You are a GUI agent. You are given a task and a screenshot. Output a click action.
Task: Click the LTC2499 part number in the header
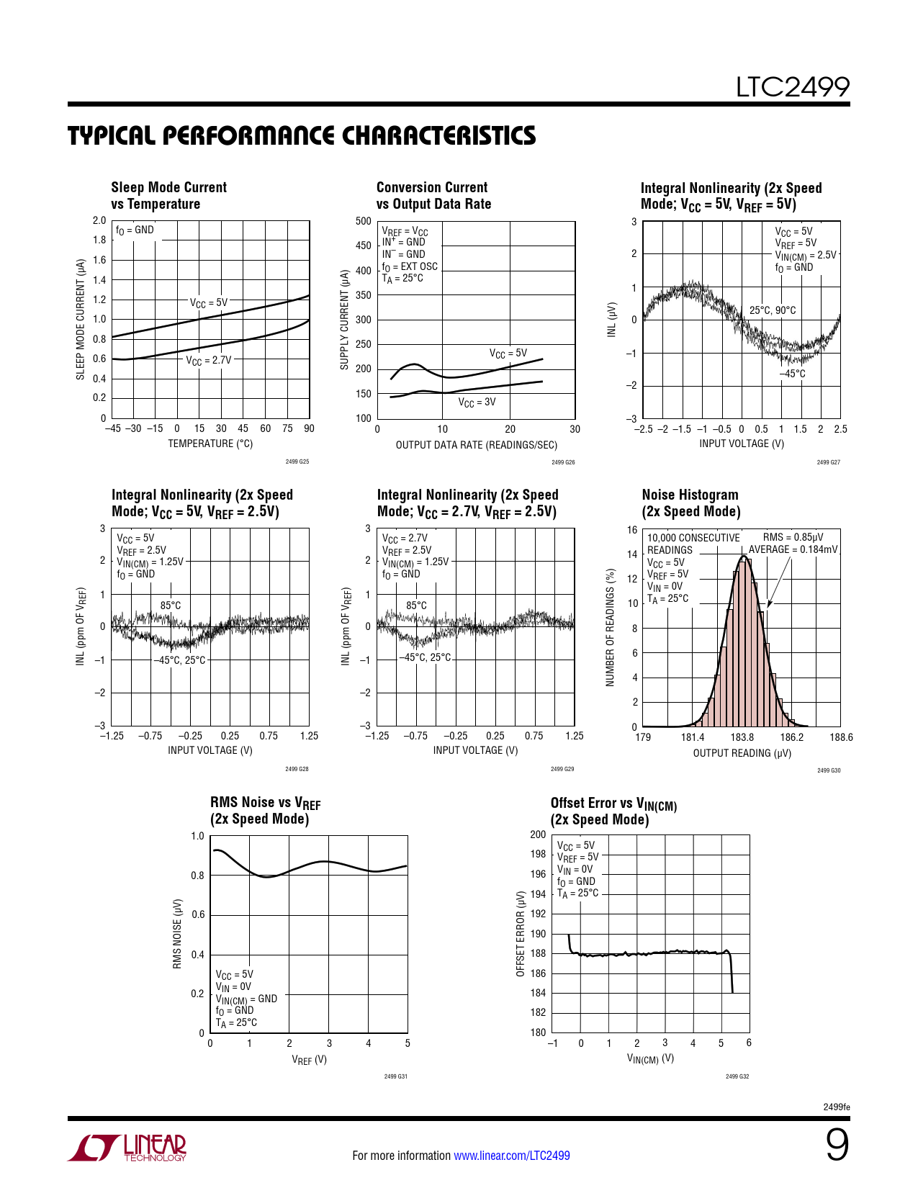coord(792,87)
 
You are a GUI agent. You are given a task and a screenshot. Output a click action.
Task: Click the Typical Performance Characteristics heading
coord(302,135)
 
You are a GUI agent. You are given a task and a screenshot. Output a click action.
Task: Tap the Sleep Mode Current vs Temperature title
coord(168,195)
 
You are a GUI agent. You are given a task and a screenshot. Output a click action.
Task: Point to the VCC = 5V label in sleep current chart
coord(209,303)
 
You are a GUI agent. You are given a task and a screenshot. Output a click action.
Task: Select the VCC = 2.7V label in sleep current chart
coord(209,360)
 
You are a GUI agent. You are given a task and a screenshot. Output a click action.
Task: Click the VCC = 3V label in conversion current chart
coord(477,402)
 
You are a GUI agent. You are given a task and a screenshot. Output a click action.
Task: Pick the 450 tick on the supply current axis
coord(364,246)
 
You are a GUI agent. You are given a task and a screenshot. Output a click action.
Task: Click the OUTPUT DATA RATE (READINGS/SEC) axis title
coord(476,445)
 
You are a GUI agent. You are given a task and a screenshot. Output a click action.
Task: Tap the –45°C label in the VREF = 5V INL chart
coord(792,374)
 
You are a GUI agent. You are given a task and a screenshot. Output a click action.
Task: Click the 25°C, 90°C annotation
coord(773,310)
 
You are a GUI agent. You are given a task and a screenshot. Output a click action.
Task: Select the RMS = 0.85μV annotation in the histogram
coord(793,537)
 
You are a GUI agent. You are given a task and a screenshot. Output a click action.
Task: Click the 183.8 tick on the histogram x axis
coord(742,737)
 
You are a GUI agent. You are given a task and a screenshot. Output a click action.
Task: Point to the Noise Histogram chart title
coord(691,503)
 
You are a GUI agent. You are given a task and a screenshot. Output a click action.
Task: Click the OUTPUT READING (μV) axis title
coord(742,753)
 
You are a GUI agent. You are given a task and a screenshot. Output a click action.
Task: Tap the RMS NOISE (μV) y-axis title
coord(177,934)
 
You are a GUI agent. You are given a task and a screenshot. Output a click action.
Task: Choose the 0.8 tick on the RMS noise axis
coord(197,876)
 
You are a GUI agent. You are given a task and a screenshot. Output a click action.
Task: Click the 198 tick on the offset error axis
coord(538,855)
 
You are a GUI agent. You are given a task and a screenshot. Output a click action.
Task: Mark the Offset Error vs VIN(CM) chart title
coord(613,811)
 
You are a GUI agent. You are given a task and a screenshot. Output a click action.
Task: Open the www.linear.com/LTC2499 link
coord(511,1156)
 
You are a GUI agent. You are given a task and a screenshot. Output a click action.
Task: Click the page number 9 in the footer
coord(837,1145)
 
